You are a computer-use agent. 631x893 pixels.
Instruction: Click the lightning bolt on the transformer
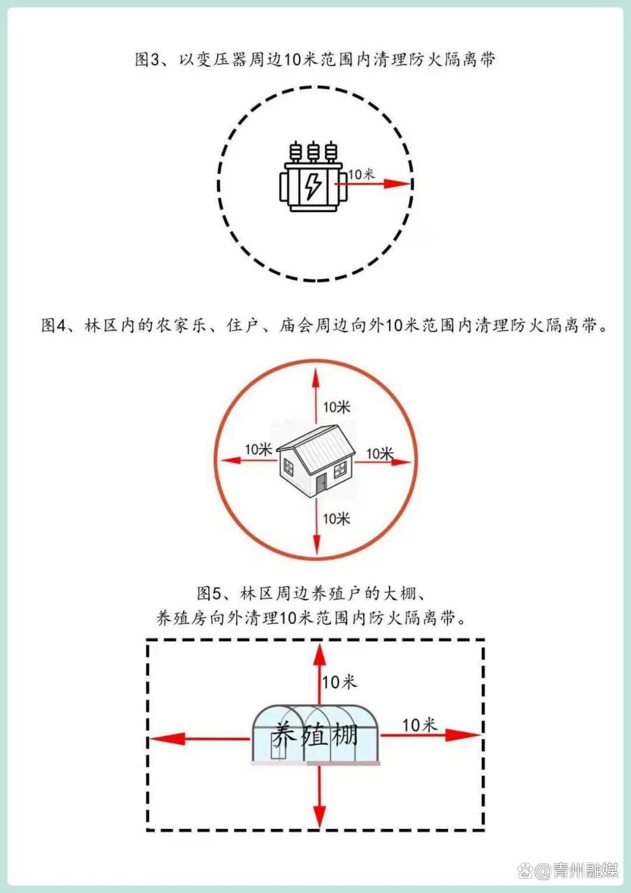(314, 185)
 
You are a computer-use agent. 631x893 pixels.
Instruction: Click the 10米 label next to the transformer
(362, 174)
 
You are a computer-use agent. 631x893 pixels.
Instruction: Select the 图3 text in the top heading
(147, 60)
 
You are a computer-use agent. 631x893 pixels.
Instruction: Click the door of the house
(321, 484)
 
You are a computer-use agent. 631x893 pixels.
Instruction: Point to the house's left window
(288, 466)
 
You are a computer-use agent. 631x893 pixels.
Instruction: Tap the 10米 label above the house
(337, 407)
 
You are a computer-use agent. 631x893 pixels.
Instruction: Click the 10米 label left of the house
(258, 449)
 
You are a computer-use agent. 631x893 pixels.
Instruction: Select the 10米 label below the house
(337, 518)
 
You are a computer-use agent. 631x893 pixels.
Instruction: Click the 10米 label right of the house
(380, 454)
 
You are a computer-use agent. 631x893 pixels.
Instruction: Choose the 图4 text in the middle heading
(54, 326)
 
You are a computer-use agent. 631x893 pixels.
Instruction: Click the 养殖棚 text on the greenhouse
(314, 735)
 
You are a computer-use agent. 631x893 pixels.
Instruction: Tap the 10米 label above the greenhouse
(339, 681)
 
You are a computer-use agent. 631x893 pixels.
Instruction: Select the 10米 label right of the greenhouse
(419, 725)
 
